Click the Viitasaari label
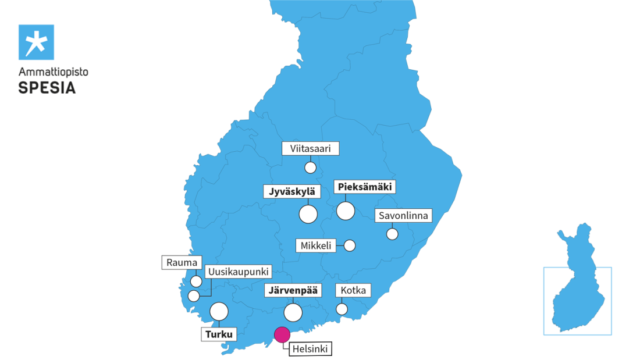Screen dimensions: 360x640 click(x=310, y=149)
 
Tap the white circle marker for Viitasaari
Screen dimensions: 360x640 click(x=310, y=168)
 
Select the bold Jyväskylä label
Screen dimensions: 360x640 click(x=292, y=191)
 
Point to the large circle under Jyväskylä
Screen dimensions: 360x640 click(x=308, y=214)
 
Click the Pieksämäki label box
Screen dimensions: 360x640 click(x=365, y=187)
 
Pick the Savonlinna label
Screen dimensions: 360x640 click(x=403, y=216)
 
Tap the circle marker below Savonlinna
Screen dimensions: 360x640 click(x=392, y=234)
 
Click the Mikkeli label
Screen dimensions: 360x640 click(x=316, y=245)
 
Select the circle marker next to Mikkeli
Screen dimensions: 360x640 click(x=350, y=245)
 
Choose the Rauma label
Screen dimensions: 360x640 click(x=182, y=262)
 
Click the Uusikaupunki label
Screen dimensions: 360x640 click(x=239, y=272)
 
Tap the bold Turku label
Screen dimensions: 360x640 click(x=219, y=334)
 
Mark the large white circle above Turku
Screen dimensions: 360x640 click(x=219, y=311)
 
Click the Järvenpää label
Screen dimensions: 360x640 click(x=293, y=290)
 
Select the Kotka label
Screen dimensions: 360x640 click(x=353, y=290)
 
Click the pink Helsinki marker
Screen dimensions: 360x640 click(x=282, y=334)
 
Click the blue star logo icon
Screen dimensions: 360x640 click(x=36, y=42)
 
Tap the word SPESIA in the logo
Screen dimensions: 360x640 click(x=47, y=88)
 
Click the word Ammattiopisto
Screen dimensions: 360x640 click(x=54, y=73)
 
